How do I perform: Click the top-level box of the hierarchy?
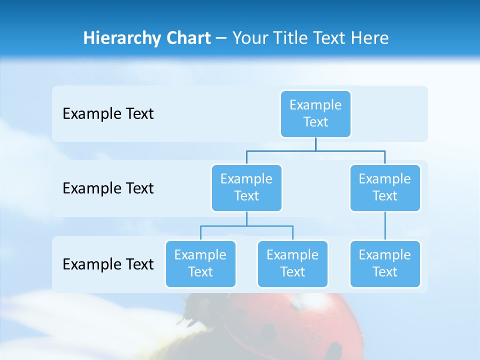[x=315, y=114]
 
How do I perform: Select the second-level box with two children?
[x=246, y=188]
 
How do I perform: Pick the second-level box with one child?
[x=385, y=188]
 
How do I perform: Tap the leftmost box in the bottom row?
[x=200, y=264]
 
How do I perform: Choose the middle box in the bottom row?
[x=292, y=264]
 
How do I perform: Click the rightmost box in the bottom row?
[x=385, y=264]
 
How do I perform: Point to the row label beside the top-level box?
[x=108, y=114]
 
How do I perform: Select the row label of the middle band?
[x=108, y=188]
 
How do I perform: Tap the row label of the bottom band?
[x=108, y=264]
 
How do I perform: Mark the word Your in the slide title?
[x=250, y=38]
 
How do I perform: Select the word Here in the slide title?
[x=369, y=38]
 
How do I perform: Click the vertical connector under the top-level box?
[x=315, y=144]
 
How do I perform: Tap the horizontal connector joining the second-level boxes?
[x=315, y=150]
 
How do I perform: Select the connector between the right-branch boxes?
[x=385, y=226]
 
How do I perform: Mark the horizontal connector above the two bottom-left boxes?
[x=246, y=226]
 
